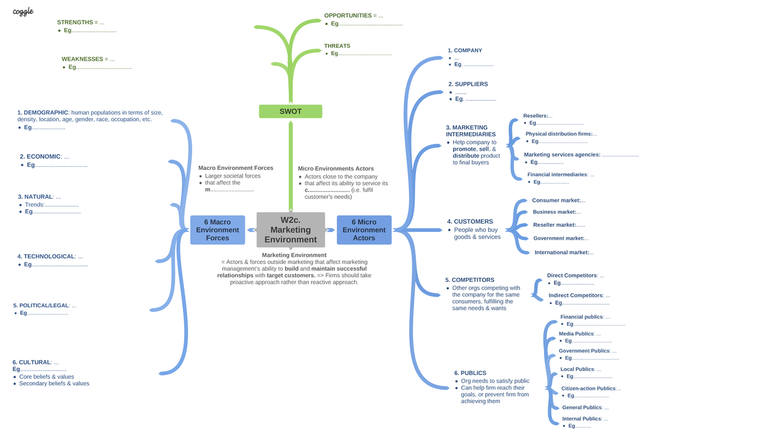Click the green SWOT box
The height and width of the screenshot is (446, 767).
click(x=290, y=111)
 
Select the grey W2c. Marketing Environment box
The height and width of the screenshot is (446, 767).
click(x=291, y=229)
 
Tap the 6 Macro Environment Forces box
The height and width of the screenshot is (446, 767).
click(x=217, y=230)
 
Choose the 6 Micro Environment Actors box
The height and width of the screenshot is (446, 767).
click(x=364, y=230)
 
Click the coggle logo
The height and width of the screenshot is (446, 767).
click(x=23, y=12)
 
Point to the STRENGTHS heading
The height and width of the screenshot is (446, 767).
click(x=75, y=22)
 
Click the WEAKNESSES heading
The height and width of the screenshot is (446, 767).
click(x=82, y=59)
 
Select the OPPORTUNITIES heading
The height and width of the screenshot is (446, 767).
click(x=348, y=15)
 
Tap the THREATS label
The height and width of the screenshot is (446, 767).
click(x=337, y=46)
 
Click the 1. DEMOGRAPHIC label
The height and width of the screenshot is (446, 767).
click(x=43, y=112)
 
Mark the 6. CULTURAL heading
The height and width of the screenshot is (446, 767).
click(x=31, y=362)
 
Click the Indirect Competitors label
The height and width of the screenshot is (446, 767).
click(x=575, y=295)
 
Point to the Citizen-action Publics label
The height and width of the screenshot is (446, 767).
click(x=588, y=388)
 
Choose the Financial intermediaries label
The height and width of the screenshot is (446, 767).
click(x=557, y=174)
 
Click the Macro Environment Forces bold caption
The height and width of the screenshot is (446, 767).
click(x=236, y=168)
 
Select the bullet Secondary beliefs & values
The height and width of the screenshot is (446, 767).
click(x=54, y=383)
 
